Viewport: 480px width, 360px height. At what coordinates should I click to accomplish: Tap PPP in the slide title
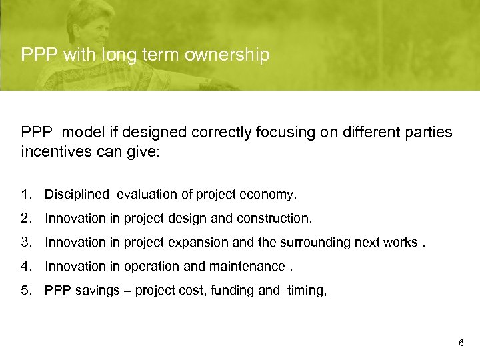point(39,55)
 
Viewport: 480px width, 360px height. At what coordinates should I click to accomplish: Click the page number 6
point(461,343)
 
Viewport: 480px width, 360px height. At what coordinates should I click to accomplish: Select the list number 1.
point(25,195)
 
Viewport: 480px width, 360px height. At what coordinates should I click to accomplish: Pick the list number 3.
point(25,243)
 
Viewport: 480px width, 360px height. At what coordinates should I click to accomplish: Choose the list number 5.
point(25,291)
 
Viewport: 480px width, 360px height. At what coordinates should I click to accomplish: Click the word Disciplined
point(76,195)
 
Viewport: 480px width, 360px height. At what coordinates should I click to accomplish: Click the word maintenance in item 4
point(245,267)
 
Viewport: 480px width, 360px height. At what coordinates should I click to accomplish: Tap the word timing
point(307,291)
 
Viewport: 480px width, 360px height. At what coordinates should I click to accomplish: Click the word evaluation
point(147,195)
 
